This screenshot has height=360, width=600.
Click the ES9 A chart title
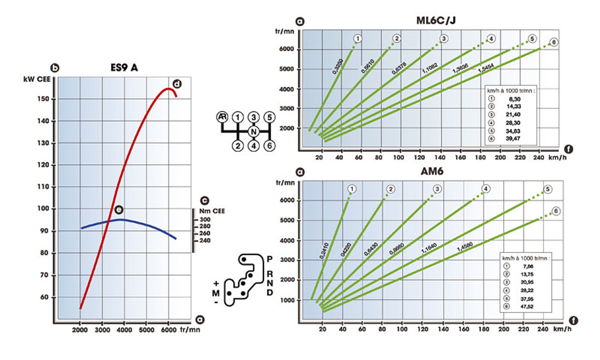pos(124,68)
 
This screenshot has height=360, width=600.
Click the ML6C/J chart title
pos(436,20)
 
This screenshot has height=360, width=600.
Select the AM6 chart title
pos(432,171)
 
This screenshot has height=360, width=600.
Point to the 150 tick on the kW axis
pos(43,99)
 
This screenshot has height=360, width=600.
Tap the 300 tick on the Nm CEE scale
pos(205,220)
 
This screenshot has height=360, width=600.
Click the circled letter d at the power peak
pos(177,84)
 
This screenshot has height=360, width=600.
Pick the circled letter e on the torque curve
pos(119,210)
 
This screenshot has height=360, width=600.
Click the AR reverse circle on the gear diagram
pos(222,117)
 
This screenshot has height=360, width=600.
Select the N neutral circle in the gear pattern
pos(254,131)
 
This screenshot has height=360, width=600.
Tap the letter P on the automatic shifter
pos(270,259)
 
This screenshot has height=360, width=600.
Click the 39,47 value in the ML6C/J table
pos(513,139)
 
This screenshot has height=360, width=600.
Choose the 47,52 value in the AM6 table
pos(527,306)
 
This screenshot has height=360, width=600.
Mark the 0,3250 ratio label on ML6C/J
pos(337,66)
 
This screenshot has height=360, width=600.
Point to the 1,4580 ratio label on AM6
pos(465,247)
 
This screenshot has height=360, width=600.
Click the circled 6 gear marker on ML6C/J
pos(554,42)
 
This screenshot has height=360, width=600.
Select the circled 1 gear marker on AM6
pos(352,189)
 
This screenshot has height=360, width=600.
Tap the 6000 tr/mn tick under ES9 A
pos(169,330)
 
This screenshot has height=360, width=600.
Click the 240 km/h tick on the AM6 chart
pos(543,329)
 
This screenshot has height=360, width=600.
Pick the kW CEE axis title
pos(37,79)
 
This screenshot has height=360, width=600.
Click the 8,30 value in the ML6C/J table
pos(514,99)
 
